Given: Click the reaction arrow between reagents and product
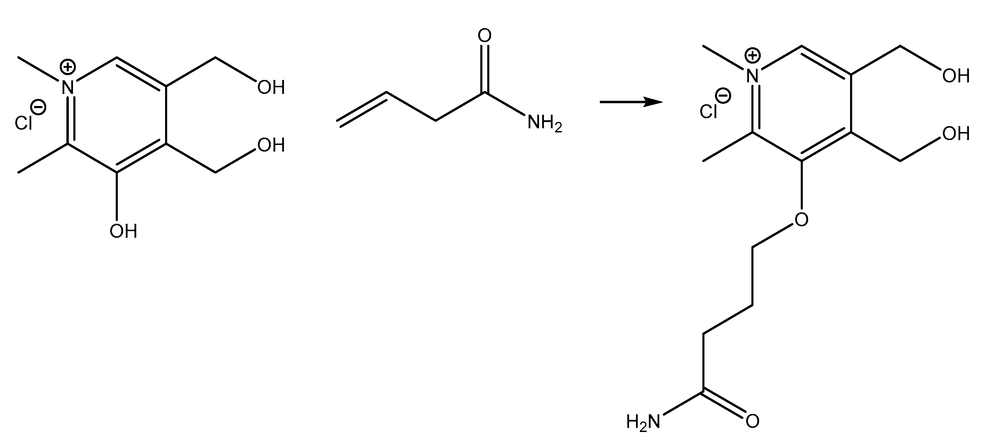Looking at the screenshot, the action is pyautogui.click(x=631, y=102).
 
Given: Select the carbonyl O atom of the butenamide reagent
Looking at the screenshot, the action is pyautogui.click(x=485, y=36).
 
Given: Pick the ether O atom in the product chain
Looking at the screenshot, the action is pyautogui.click(x=801, y=219).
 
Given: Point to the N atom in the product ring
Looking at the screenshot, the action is pyautogui.click(x=753, y=76).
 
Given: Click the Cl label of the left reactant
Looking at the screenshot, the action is pyautogui.click(x=23, y=123).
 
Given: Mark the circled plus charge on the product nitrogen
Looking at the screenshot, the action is pyautogui.click(x=752, y=56).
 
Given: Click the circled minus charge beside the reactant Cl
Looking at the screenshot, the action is pyautogui.click(x=39, y=107).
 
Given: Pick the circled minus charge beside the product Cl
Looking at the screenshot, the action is pyautogui.click(x=723, y=96).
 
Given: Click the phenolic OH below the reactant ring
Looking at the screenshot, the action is pyautogui.click(x=123, y=231).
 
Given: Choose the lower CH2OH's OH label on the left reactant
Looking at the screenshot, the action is pyautogui.click(x=271, y=145).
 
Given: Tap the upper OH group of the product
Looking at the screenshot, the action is pyautogui.click(x=956, y=76).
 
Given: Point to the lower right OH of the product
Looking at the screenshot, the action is pyautogui.click(x=956, y=134).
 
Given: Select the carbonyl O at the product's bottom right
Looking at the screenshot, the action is pyautogui.click(x=752, y=422).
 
